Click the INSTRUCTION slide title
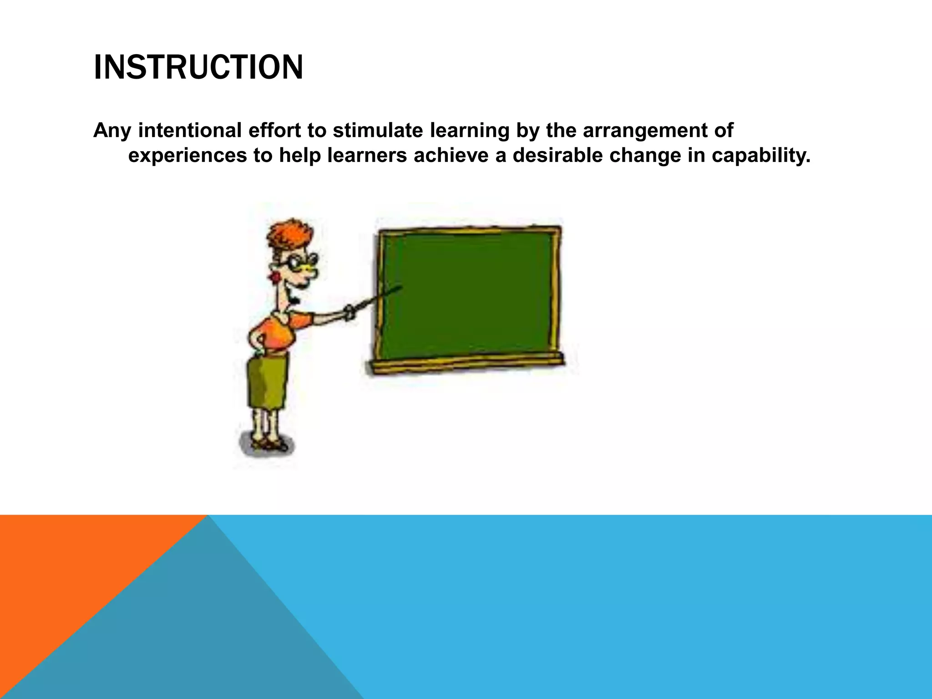click(x=198, y=67)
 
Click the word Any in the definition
click(x=112, y=131)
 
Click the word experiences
click(x=187, y=156)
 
